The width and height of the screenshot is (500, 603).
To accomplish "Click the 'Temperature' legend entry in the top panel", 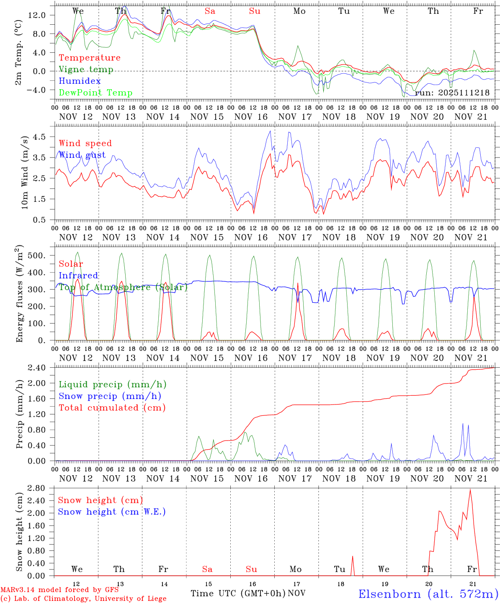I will pos(89,58).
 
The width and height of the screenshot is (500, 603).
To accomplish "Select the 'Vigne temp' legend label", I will pos(86,70).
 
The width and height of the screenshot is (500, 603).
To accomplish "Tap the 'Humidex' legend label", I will pos(80,81).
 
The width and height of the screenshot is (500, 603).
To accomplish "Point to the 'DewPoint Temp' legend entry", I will pos(95,93).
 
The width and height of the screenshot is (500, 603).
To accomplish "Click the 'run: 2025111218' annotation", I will pos(452,93).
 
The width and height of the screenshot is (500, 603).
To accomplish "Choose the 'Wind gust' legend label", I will pos(82,155).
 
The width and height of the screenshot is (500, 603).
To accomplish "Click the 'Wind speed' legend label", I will pos(85,143).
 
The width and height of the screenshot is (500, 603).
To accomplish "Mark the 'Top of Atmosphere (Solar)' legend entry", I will pos(123,287).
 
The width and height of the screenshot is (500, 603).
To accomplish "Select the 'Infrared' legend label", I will pos(78,276).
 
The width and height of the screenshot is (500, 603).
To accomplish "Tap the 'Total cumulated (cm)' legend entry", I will pos(112,407).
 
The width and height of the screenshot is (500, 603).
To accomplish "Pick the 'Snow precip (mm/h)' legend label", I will pos(110,396).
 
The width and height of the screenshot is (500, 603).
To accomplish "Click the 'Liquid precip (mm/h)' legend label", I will pos(112,384).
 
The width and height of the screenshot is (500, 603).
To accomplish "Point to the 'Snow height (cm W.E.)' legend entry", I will pos(112,512).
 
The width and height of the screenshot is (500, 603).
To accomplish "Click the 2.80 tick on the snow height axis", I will pos(42,488).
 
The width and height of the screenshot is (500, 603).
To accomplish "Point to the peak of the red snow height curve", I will pos(470,490).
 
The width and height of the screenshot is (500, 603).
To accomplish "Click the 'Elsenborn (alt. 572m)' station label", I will pos(428,594).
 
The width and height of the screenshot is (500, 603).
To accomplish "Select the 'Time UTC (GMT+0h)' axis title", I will pos(238,593).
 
